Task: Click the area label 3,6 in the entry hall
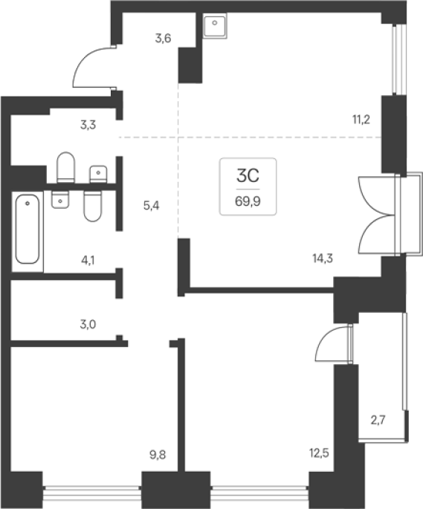[x=163, y=39]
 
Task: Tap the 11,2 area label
[x=361, y=120]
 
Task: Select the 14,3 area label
[x=323, y=259]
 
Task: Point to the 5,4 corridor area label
[x=152, y=206]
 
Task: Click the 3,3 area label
[x=88, y=125]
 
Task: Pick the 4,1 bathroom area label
[x=88, y=260]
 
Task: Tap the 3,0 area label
[x=88, y=324]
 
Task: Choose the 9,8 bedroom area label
[x=158, y=455]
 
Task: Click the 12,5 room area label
[x=319, y=453]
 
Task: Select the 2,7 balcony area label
[x=378, y=421]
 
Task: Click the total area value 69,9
[x=248, y=201]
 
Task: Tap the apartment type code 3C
[x=248, y=176]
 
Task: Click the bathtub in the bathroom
[x=28, y=229]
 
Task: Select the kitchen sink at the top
[x=214, y=26]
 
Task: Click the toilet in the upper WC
[x=65, y=167]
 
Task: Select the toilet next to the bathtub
[x=92, y=207]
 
